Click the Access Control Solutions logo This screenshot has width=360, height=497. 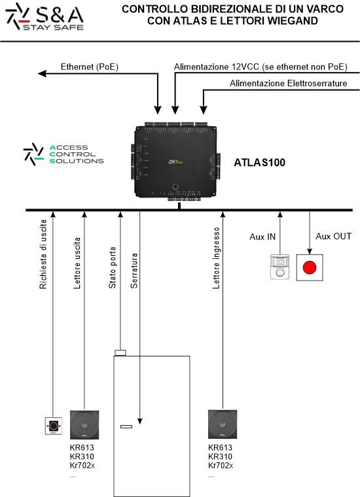click(x=63, y=154)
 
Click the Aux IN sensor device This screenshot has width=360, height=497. click(x=279, y=267)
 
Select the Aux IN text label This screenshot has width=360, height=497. click(x=262, y=237)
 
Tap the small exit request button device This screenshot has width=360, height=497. click(x=52, y=427)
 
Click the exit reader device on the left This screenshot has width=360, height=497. click(x=84, y=425)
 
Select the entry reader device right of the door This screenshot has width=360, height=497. click(x=223, y=425)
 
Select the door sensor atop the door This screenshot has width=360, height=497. click(x=120, y=352)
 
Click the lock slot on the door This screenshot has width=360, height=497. click(x=126, y=427)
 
